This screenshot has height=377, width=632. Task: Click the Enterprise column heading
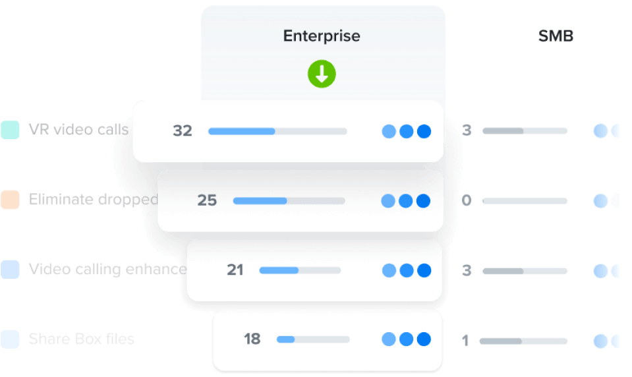coord(322,36)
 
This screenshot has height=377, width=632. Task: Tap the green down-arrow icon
coord(322,75)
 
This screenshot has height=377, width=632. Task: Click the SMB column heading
coord(556,36)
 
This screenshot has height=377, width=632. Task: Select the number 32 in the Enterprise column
coord(183,131)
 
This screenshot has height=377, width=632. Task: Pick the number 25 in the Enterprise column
coord(207,200)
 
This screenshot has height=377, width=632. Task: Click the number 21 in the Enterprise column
coord(235,270)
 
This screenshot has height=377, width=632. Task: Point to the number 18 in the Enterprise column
coord(252,339)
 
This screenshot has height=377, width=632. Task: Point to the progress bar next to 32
coord(277,131)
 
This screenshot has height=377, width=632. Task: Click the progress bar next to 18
coord(312,339)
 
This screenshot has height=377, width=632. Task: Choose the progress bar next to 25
coord(289,200)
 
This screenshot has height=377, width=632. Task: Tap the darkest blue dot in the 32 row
coord(424,131)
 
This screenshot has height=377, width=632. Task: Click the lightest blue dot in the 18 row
coord(389,339)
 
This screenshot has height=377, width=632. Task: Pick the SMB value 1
coord(466,341)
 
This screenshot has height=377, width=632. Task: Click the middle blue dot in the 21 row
coord(407,270)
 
